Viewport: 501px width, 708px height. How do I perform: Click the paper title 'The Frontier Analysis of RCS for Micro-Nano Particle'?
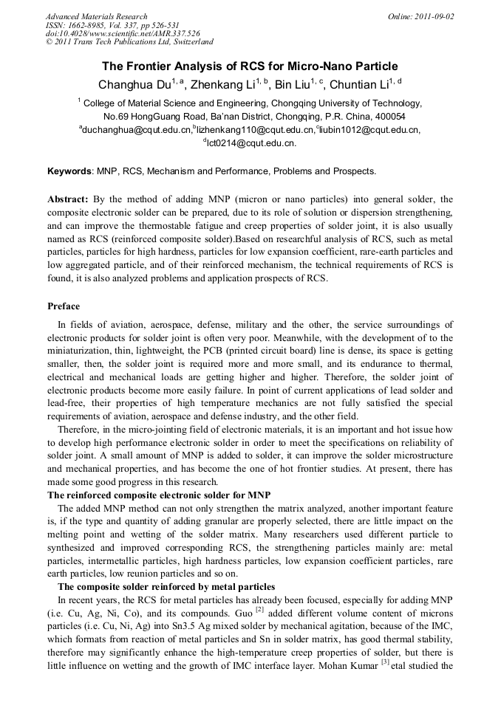pos(250,66)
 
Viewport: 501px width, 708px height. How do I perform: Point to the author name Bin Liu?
pos(292,84)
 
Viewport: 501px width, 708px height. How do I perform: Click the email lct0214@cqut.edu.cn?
pos(251,143)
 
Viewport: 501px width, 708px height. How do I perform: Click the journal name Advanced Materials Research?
pos(96,16)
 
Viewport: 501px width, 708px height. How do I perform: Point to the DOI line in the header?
pos(123,33)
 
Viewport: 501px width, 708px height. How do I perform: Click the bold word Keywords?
pos(69,171)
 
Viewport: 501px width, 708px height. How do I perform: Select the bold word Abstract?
pos(68,199)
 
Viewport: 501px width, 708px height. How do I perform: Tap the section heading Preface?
pos(64,306)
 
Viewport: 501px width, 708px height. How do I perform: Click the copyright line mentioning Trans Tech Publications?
pos(129,42)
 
